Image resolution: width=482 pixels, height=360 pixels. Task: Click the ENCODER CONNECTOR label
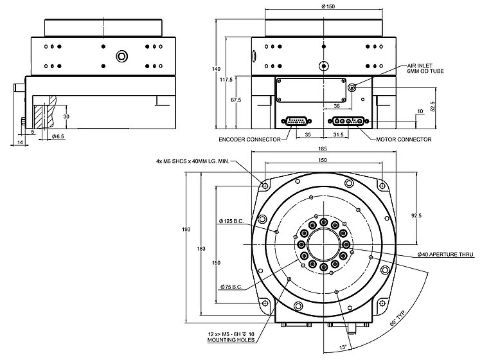click(250, 139)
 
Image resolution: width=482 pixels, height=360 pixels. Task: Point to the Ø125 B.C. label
click(235, 222)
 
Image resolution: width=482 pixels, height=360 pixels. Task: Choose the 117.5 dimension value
click(225, 80)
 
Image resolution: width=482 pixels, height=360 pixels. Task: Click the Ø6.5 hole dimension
click(57, 137)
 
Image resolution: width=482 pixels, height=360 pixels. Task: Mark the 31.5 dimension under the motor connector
click(339, 135)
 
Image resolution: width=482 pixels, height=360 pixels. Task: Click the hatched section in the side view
click(41, 116)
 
